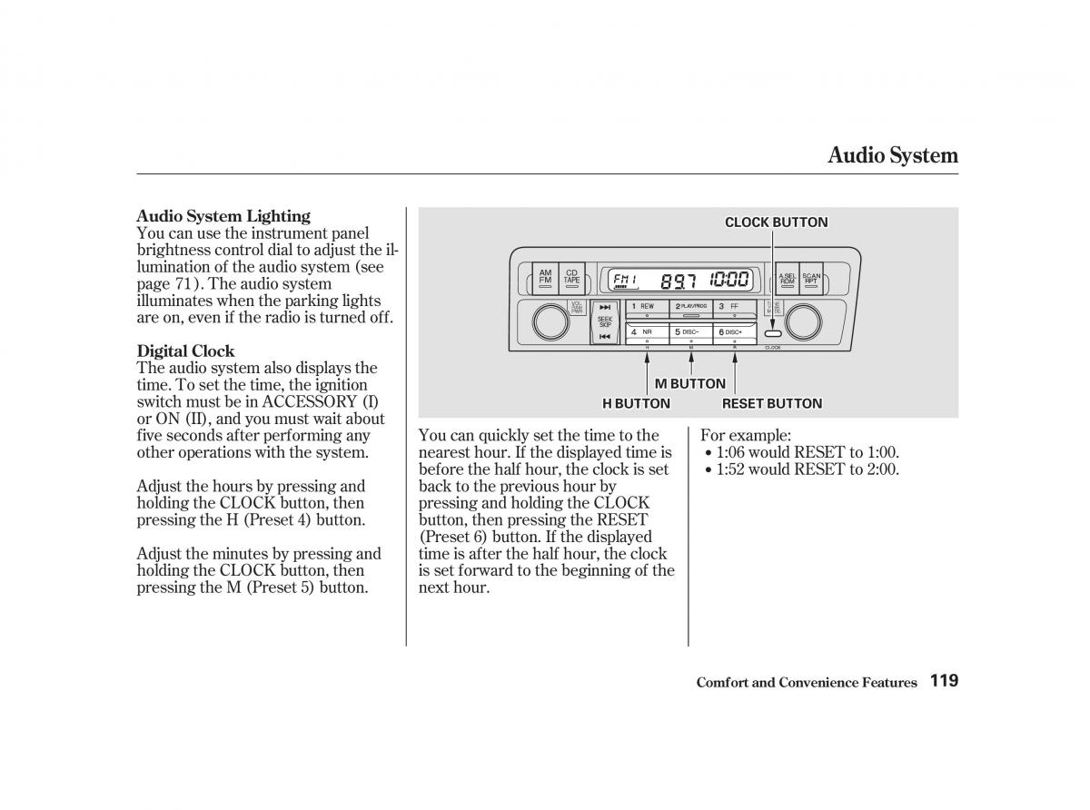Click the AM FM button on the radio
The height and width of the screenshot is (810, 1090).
click(x=545, y=278)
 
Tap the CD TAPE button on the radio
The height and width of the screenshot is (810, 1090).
click(x=571, y=278)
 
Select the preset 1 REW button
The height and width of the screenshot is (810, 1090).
click(x=647, y=307)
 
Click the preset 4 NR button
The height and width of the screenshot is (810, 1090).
click(x=647, y=332)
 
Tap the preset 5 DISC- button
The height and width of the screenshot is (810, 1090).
click(x=690, y=332)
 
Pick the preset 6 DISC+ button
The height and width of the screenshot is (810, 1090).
click(x=734, y=332)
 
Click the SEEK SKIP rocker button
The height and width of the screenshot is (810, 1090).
click(x=605, y=321)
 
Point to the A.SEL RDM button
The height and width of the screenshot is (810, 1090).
click(x=787, y=279)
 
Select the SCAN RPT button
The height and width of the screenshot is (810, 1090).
click(x=811, y=279)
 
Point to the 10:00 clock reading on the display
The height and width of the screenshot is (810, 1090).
click(x=729, y=280)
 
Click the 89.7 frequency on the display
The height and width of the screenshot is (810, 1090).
click(x=678, y=281)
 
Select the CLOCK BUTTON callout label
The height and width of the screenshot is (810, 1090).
click(x=776, y=222)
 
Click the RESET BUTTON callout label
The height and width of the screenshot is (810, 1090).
click(x=771, y=403)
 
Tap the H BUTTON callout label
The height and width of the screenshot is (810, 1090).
click(x=636, y=403)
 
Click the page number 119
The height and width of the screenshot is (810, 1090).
click(x=944, y=681)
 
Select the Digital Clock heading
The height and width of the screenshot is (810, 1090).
click(x=185, y=351)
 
